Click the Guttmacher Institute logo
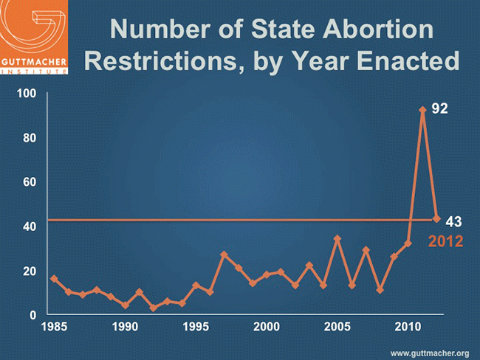click(35, 37)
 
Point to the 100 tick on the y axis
click(27, 94)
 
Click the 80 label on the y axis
click(30, 138)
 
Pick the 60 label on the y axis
click(30, 182)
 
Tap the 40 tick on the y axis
click(30, 226)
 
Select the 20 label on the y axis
click(30, 271)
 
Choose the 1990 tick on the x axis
click(125, 326)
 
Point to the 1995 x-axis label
click(196, 326)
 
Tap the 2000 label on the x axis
click(266, 326)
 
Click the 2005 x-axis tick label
click(337, 326)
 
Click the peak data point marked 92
click(422, 110)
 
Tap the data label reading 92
click(440, 108)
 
